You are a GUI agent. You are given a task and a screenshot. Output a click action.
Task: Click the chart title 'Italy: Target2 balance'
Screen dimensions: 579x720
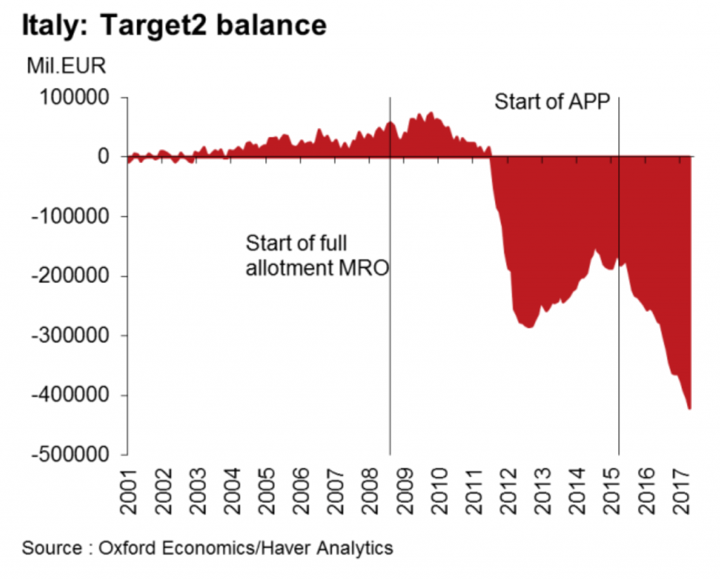[x=174, y=25]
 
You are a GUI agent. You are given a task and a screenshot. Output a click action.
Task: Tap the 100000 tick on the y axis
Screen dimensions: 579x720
[x=74, y=98]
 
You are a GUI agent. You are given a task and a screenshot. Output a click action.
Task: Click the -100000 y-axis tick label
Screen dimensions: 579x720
[x=69, y=216]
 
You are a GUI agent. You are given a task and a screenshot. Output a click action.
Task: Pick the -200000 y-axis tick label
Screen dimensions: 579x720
[x=69, y=276]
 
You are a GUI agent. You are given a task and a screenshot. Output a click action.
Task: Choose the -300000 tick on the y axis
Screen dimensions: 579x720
[x=69, y=336]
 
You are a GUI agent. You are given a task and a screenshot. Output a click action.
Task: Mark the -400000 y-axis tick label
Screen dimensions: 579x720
[x=69, y=396]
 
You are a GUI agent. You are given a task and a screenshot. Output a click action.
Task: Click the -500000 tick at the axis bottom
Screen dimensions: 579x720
[x=69, y=455]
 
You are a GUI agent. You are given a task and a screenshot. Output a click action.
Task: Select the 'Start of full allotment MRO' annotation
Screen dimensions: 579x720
[x=316, y=256]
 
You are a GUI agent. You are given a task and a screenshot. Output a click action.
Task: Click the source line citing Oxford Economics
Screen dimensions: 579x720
[x=207, y=547]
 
